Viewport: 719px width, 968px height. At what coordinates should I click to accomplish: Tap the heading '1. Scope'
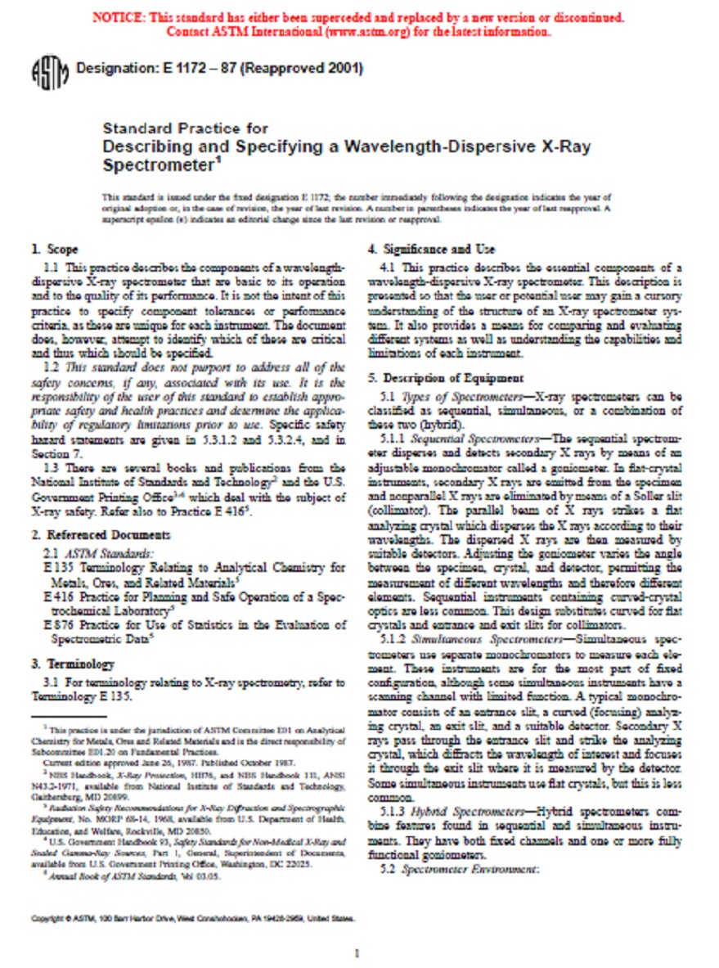coord(55,250)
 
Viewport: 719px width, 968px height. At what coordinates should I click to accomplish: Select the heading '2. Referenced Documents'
coord(101,535)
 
